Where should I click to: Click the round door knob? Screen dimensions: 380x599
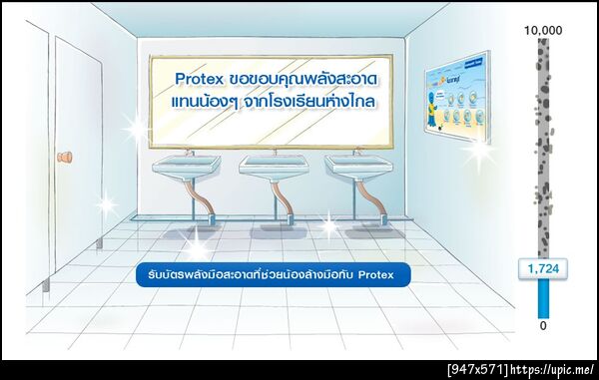(x=68, y=157)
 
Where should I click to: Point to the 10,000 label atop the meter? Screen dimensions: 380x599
(x=543, y=31)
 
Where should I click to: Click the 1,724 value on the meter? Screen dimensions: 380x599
(x=543, y=268)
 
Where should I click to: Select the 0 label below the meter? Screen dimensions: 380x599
(x=543, y=325)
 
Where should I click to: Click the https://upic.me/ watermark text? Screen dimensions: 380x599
(x=555, y=370)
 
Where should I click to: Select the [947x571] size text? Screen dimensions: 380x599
(x=478, y=370)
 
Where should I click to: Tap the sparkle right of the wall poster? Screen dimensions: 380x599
(x=482, y=152)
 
